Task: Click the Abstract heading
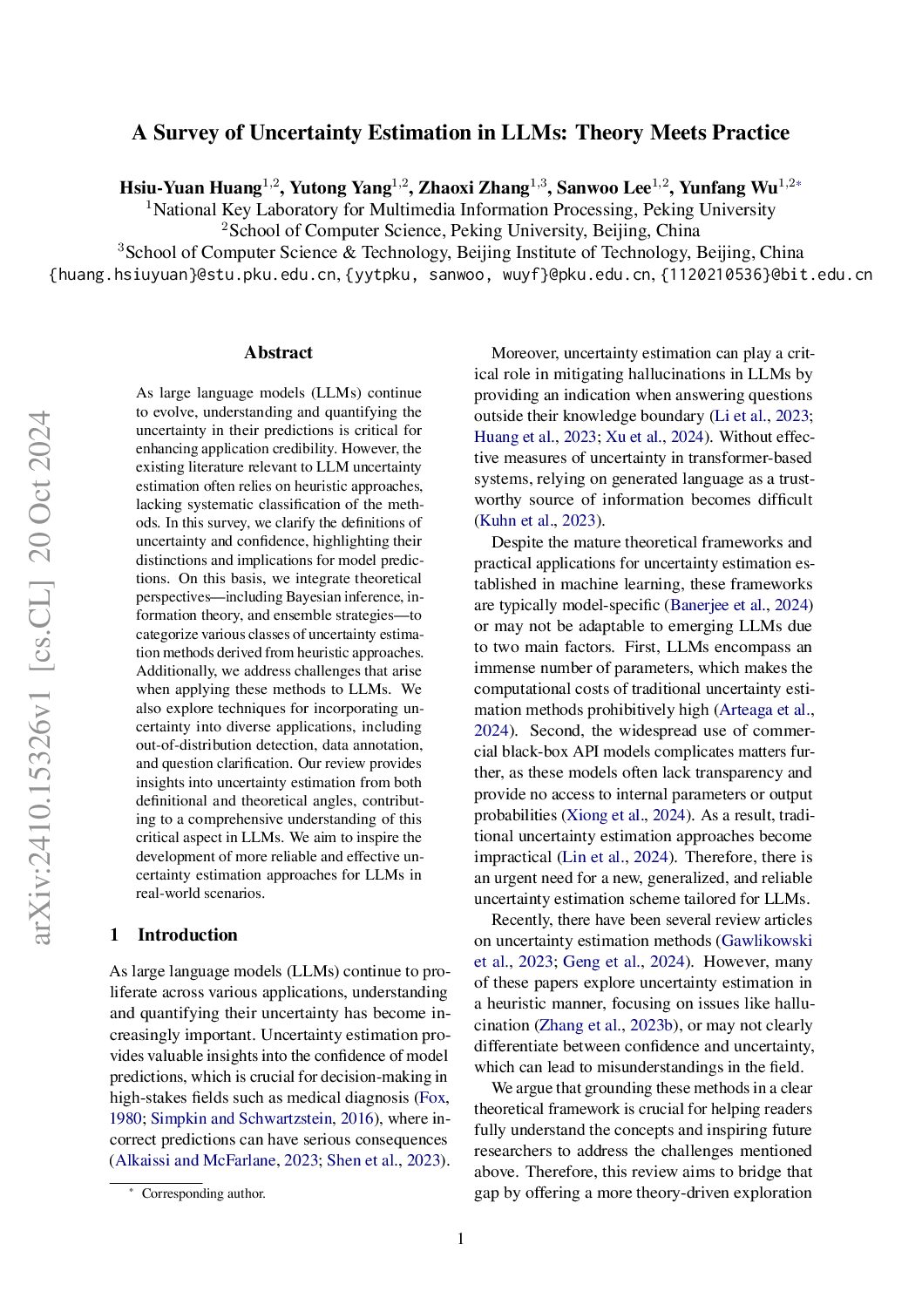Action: [x=278, y=353]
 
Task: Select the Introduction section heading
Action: [x=186, y=935]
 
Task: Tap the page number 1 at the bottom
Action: [x=461, y=1239]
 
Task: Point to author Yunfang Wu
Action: [x=729, y=188]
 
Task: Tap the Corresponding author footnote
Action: [x=203, y=1193]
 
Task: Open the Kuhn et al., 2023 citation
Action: [x=537, y=521]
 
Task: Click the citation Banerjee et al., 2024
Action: [x=740, y=605]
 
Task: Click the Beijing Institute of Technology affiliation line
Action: [x=461, y=253]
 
